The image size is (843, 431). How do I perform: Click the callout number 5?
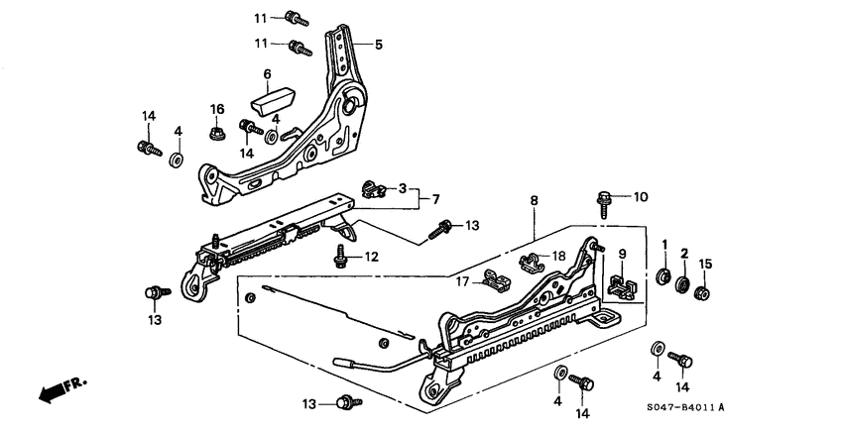click(378, 45)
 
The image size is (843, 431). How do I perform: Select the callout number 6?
click(267, 74)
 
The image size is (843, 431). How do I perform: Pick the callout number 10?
click(640, 197)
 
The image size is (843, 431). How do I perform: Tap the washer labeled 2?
click(682, 286)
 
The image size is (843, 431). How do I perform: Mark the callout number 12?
click(371, 258)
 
